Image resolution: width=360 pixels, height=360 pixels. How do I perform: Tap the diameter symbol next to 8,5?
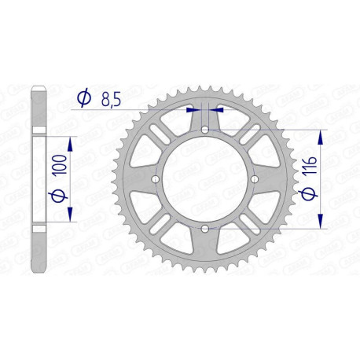click(x=83, y=98)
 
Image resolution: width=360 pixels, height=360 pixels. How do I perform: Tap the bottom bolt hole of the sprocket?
click(x=204, y=228)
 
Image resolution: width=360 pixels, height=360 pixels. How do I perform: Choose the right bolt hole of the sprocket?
click(x=253, y=179)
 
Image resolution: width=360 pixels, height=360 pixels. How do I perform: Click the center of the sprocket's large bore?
click(x=204, y=179)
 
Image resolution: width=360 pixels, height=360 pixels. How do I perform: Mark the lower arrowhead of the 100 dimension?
click(x=72, y=216)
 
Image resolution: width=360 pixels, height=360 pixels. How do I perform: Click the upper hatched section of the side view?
click(x=37, y=103)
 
